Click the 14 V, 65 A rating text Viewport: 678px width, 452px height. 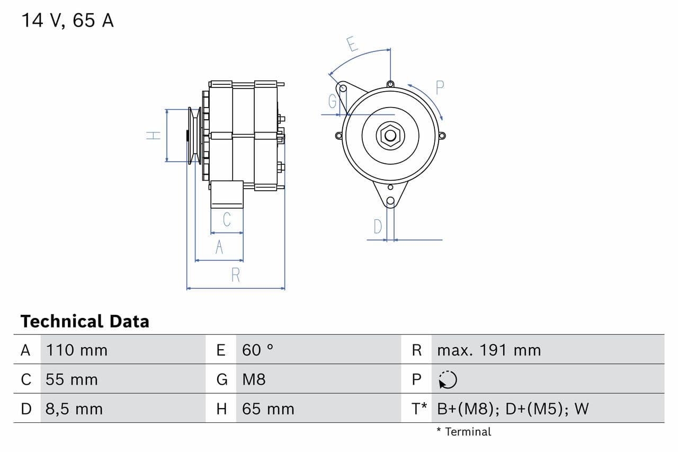click(67, 21)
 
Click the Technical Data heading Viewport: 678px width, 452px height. click(85, 321)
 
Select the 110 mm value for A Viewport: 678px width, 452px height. click(76, 350)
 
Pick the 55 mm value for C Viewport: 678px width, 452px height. click(72, 379)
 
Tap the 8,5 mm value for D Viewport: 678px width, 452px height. click(74, 409)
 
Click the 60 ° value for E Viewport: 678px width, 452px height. click(257, 350)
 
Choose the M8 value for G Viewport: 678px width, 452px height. click(254, 379)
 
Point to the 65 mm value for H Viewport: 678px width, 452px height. click(267, 409)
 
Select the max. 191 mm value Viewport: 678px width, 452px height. click(489, 350)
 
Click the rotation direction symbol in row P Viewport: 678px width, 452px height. click(448, 379)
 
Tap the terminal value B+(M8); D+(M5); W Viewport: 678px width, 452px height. click(513, 409)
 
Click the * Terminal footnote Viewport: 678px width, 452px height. click(463, 432)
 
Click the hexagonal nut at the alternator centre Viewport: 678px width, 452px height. click(390, 136)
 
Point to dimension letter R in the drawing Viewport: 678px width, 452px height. click(236, 276)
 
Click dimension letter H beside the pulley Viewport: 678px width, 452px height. click(154, 136)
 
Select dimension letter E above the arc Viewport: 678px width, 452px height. click(352, 44)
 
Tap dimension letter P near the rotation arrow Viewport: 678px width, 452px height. click(440, 87)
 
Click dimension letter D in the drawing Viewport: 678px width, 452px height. click(377, 227)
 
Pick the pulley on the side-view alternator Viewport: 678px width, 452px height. click(193, 136)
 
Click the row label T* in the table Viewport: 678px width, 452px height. click(419, 409)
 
